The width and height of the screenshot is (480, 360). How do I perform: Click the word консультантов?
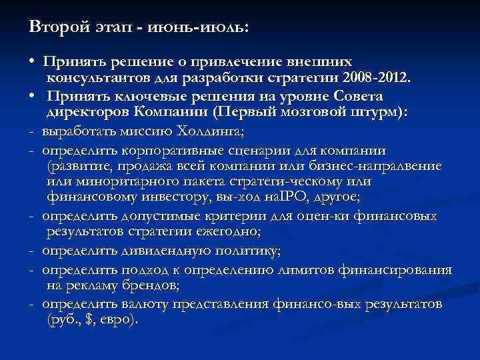pyautogui.click(x=96, y=79)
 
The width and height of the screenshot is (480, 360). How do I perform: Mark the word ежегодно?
pyautogui.click(x=225, y=233)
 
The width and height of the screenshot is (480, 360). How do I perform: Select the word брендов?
pyautogui.click(x=151, y=286)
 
